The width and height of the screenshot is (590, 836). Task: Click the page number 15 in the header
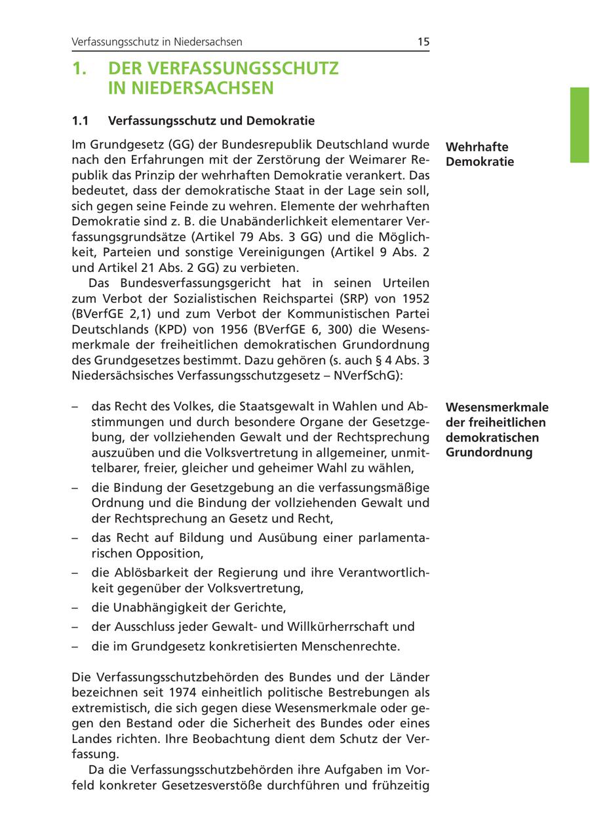(x=423, y=42)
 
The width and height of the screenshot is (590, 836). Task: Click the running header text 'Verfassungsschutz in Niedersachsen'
(x=157, y=42)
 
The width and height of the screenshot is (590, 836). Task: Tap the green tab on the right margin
(x=580, y=124)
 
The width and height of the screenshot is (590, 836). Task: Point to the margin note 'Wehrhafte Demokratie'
(x=479, y=154)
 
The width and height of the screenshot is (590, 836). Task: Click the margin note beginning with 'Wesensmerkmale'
(x=497, y=430)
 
